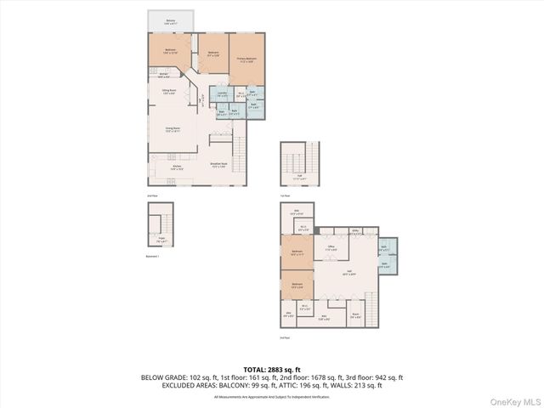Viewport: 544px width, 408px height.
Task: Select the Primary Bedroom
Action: [x=246, y=59]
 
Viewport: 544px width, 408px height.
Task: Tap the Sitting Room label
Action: [x=168, y=93]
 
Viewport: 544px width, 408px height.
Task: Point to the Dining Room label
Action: [x=173, y=130]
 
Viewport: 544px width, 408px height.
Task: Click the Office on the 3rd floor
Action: [x=332, y=248]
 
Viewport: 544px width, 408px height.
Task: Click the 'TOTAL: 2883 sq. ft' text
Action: [x=272, y=369]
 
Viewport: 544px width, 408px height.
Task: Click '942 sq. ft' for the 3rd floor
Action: [x=388, y=377]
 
